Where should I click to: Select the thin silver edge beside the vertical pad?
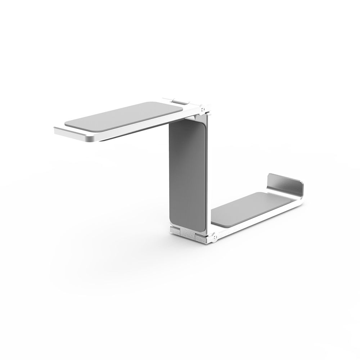click(x=208, y=173)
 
